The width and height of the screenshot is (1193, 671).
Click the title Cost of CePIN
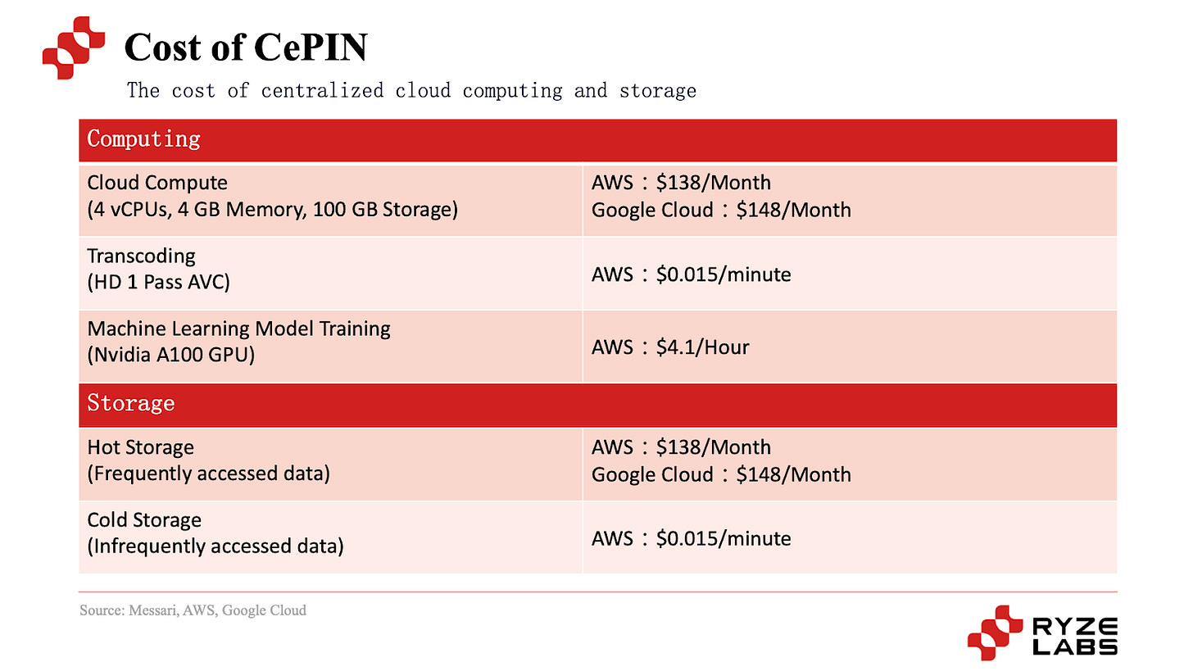pos(245,48)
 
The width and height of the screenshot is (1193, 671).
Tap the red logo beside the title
pos(74,48)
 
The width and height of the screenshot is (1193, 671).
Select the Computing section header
pos(144,139)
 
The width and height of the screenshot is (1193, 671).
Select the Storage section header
pos(131,404)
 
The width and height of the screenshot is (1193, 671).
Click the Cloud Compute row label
pos(157,183)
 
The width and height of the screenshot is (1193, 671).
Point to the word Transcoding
pos(141,256)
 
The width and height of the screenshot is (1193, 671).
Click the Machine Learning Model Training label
pos(238,329)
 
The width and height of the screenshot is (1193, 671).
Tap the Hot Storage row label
pos(140,447)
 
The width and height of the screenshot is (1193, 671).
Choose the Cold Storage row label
pos(144,520)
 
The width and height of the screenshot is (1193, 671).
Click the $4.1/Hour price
pos(702,347)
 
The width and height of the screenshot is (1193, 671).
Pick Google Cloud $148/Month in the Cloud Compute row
pos(721,210)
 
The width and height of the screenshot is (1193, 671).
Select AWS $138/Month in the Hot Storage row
pos(681,447)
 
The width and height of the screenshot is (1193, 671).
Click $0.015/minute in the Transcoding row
pos(724,274)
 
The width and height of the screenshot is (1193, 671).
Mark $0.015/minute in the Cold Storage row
pos(724,538)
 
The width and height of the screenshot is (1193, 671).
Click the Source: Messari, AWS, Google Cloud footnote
pos(193,610)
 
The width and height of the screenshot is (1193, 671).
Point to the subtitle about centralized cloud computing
pos(411,90)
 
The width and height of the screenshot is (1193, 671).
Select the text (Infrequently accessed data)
pos(215,546)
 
